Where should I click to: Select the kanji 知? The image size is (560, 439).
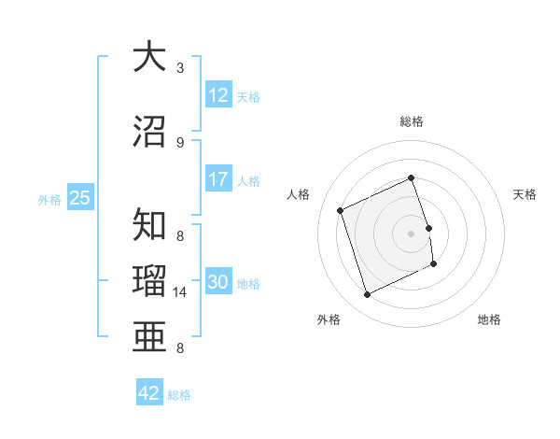click(x=149, y=225)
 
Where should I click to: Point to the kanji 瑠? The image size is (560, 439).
click(x=149, y=281)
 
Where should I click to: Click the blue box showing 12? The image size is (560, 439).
click(x=218, y=95)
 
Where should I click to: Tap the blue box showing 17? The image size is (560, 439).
click(x=218, y=179)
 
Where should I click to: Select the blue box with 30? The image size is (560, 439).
click(x=218, y=282)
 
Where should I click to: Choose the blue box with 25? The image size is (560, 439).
click(x=79, y=198)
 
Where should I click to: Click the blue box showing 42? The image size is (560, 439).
click(x=149, y=393)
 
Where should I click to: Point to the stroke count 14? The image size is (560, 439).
click(x=182, y=292)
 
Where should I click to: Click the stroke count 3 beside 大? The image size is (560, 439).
click(x=180, y=67)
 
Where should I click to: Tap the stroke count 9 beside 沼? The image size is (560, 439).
click(x=180, y=142)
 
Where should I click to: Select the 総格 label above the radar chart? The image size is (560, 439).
click(x=412, y=121)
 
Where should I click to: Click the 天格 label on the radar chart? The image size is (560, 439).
click(x=525, y=194)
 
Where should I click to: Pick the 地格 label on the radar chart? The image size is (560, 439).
click(x=489, y=319)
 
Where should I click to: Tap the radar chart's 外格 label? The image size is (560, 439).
click(x=329, y=319)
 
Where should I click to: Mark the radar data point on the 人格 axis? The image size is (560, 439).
click(x=341, y=210)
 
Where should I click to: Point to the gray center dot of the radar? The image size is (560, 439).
click(x=412, y=234)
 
